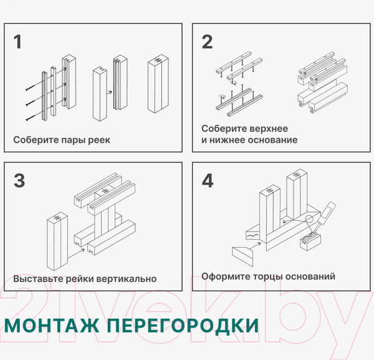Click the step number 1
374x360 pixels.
pyautogui.click(x=17, y=42)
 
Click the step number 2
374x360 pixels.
pyautogui.click(x=207, y=42)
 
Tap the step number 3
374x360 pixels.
pyautogui.click(x=19, y=180)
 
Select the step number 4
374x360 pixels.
pyautogui.click(x=208, y=180)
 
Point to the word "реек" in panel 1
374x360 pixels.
pyautogui.click(x=98, y=140)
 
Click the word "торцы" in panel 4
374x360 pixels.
pyautogui.click(x=266, y=276)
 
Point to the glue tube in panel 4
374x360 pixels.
pyautogui.click(x=327, y=212)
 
